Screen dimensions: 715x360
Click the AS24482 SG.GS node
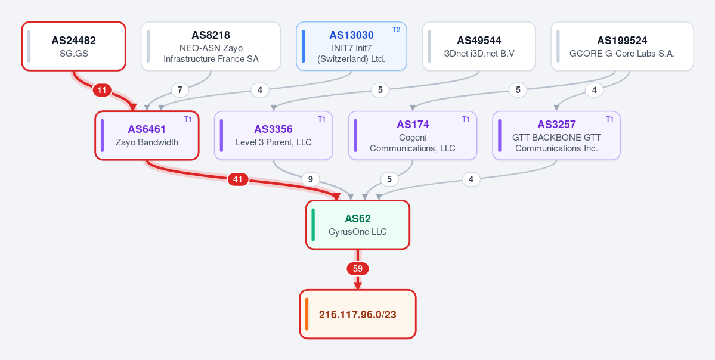[73, 46]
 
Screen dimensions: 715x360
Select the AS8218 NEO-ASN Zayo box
[211, 46]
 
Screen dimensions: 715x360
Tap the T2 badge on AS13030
[396, 30]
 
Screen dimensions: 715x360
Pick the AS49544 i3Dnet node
[479, 46]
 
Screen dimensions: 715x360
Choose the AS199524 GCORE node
[622, 46]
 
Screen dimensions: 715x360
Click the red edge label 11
[102, 90]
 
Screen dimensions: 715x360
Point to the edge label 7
[180, 90]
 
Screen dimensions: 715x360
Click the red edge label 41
[237, 179]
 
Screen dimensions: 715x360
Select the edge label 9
[311, 179]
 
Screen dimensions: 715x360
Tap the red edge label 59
[358, 269]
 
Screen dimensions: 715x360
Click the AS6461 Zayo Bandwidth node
[147, 135]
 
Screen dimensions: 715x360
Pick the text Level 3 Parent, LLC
[274, 142]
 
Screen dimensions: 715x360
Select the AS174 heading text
[413, 125]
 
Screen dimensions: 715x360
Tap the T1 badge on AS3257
[609, 119]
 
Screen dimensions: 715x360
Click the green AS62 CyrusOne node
[358, 225]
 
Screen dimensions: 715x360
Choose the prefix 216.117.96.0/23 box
[358, 314]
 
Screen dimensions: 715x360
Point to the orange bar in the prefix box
[307, 314]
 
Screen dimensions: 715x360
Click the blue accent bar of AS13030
[304, 46]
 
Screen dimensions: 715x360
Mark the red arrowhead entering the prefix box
[358, 285]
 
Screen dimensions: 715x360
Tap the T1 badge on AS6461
[188, 119]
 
